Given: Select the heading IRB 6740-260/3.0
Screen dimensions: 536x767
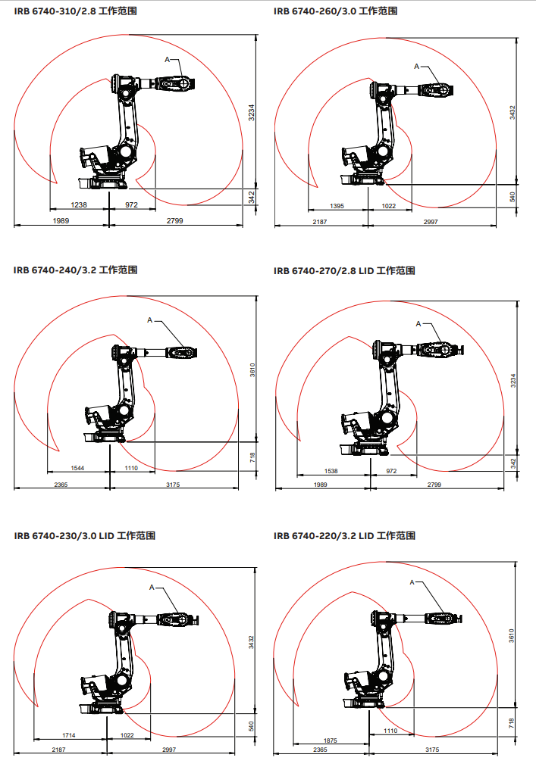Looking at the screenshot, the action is click(x=315, y=11).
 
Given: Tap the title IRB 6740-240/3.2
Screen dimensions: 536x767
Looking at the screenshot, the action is click(x=55, y=270).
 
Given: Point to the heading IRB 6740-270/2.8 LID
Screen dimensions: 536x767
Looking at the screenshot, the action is click(x=324, y=271).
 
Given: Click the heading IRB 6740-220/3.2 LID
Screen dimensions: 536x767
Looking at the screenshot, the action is click(x=324, y=536).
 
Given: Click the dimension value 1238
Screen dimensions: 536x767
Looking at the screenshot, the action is click(x=79, y=205).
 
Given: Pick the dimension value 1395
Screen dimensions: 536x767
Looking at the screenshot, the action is click(x=337, y=206).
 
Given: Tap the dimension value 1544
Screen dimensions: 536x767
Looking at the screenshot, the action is click(x=77, y=468).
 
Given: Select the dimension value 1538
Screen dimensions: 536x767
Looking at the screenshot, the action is click(x=331, y=471).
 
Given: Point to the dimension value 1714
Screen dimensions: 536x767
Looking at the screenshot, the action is click(x=69, y=735).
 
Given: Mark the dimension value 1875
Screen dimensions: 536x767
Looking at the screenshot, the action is click(x=331, y=740).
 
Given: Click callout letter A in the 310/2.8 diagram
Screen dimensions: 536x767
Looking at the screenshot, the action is click(x=167, y=60).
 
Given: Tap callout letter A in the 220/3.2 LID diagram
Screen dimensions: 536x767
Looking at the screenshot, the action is click(x=412, y=582).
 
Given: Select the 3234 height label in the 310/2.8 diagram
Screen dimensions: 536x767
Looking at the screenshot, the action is click(x=252, y=113).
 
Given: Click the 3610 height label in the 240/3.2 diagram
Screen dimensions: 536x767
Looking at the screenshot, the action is click(x=252, y=369).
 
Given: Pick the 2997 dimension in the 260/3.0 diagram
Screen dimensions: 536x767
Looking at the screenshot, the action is click(x=431, y=222).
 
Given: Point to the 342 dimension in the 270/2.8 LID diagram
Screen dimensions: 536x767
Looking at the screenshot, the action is click(x=513, y=463).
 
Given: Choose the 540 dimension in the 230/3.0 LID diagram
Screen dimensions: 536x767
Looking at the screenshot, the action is click(x=252, y=726).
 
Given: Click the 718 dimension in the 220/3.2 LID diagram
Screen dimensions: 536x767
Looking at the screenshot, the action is click(x=511, y=723).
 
